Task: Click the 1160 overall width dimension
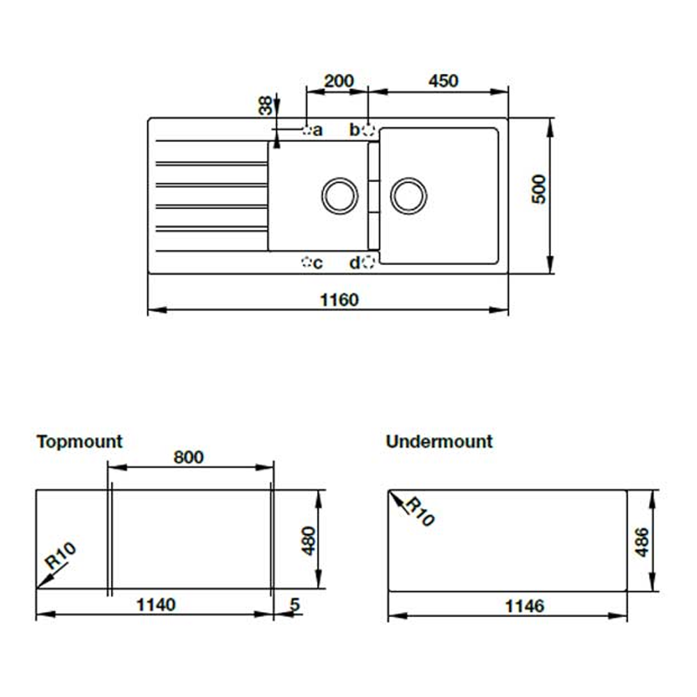pos(339,300)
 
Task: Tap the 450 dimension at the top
pos(443,81)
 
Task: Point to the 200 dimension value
pos(339,81)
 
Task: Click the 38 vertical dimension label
pos(266,106)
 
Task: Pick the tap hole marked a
pos(307,130)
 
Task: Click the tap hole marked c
pos(306,263)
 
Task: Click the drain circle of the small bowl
pos(339,195)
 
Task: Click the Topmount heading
pos(79,441)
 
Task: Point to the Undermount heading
pos(439,441)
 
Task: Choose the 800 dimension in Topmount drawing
pos(189,457)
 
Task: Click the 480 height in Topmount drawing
pos(308,539)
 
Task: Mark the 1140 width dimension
pos(155,604)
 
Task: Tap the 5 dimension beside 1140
pos(295,604)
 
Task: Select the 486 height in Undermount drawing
pos(642,541)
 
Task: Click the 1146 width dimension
pos(523,606)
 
